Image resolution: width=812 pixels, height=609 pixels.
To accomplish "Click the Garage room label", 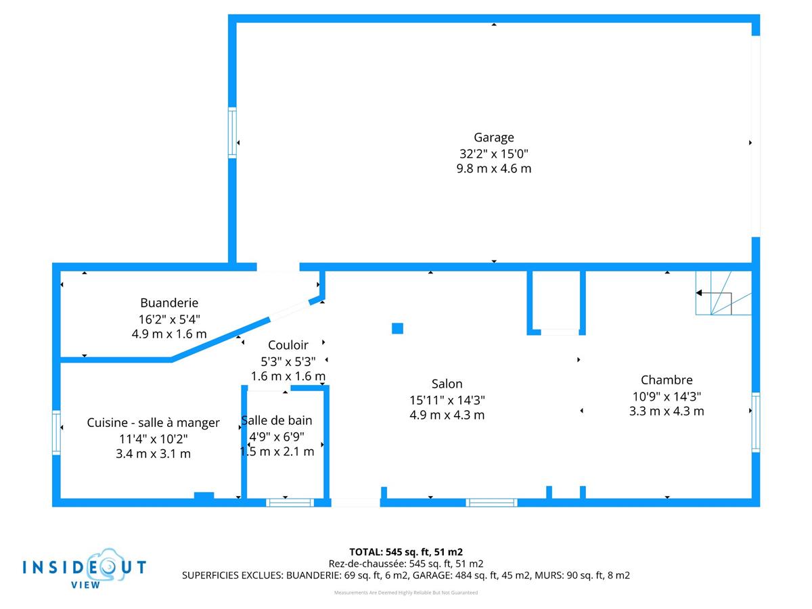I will [x=493, y=138].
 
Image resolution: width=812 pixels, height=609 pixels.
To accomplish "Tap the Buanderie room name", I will [x=169, y=303].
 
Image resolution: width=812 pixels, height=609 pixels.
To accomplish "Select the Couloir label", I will [x=288, y=345].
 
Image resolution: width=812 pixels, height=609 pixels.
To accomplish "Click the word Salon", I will [x=447, y=384].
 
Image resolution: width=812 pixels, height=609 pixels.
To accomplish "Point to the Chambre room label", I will [x=667, y=380].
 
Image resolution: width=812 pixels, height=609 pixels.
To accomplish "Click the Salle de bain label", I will [x=277, y=421].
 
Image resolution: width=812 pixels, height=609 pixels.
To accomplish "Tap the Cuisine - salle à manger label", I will [x=153, y=423].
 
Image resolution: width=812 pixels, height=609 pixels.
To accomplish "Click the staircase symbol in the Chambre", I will [x=723, y=294].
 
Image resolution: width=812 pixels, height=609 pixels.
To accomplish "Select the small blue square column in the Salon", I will [x=397, y=328].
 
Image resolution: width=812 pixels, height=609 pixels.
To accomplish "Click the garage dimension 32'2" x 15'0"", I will [x=493, y=154].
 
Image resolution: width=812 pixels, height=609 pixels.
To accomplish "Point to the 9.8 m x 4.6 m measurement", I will [x=493, y=168].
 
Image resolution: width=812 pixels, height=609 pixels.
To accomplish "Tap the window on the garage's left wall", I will [x=232, y=133].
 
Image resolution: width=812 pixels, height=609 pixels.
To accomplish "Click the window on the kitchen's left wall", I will [x=57, y=433].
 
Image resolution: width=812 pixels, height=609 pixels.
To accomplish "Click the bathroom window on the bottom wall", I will [x=290, y=502].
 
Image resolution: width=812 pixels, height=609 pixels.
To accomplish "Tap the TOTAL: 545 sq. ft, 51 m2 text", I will [x=406, y=551].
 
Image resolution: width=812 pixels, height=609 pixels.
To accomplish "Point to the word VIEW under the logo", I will [x=85, y=585].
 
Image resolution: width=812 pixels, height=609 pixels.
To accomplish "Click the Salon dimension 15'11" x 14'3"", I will [x=447, y=400].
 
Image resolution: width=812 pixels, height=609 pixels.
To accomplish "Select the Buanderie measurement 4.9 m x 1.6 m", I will [x=169, y=334].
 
